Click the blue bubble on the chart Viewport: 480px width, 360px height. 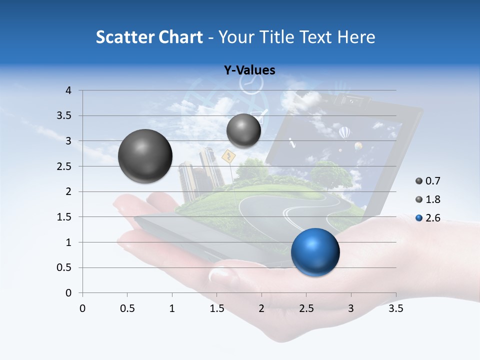click(x=315, y=251)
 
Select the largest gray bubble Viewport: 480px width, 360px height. click(x=145, y=156)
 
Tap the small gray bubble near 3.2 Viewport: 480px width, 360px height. click(x=243, y=130)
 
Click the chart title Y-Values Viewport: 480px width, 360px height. click(x=249, y=70)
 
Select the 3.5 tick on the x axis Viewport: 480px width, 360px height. click(x=395, y=308)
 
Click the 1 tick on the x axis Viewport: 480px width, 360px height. click(x=172, y=308)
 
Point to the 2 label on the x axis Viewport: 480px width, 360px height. click(x=261, y=308)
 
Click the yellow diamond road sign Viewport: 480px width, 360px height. click(x=228, y=156)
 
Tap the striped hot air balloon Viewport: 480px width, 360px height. click(x=344, y=133)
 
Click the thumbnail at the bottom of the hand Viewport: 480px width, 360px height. click(x=219, y=274)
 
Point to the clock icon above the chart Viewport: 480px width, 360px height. click(x=250, y=83)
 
